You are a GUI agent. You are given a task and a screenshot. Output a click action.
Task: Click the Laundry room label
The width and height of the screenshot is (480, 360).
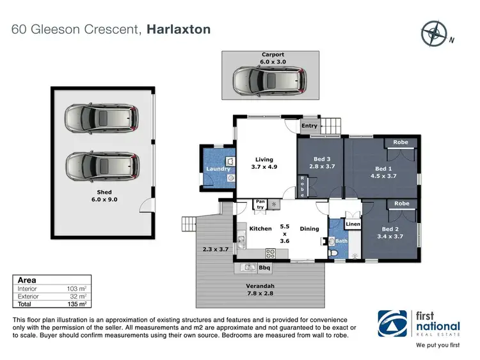(x=218, y=169)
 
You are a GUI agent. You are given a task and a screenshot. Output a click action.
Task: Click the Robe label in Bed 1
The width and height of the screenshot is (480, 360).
(x=401, y=142)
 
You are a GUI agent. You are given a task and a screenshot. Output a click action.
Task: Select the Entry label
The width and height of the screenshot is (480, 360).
(x=310, y=126)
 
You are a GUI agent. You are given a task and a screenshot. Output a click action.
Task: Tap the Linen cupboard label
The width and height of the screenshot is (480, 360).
(x=353, y=224)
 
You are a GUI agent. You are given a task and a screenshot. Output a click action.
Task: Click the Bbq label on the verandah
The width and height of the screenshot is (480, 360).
(x=264, y=267)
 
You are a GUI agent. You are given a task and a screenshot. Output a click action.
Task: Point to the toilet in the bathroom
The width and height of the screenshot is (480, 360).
(x=335, y=253)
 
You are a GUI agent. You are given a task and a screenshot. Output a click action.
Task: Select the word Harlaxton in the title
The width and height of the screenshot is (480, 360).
(x=179, y=29)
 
